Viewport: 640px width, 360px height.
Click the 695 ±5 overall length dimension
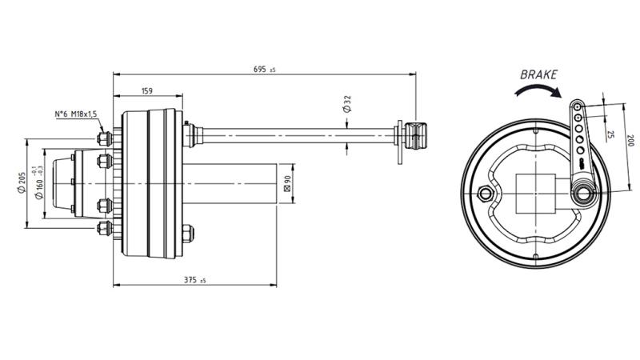click(x=263, y=70)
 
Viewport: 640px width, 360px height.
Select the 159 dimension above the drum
click(x=147, y=90)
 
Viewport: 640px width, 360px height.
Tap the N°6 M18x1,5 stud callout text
click(x=75, y=114)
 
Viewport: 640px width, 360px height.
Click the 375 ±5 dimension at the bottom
click(x=195, y=280)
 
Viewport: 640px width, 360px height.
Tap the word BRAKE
click(x=538, y=74)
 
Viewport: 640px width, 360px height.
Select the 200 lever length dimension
click(x=629, y=141)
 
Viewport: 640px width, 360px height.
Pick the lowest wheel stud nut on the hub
click(x=103, y=230)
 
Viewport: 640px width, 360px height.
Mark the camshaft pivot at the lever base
click(x=583, y=192)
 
